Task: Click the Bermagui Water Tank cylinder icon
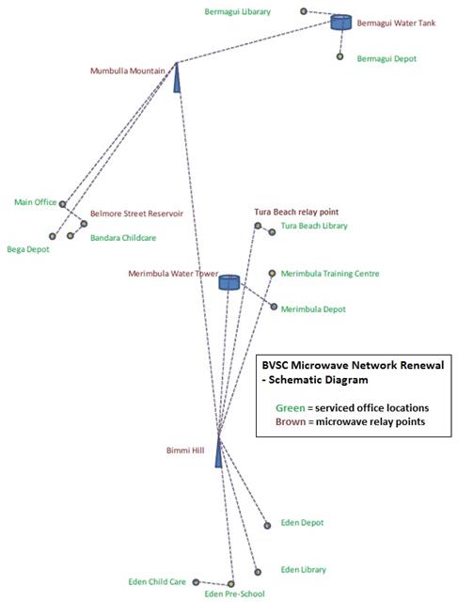coord(341,23)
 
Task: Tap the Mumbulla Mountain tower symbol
coord(177,78)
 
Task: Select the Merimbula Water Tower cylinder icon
coord(229,282)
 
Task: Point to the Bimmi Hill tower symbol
coord(219,451)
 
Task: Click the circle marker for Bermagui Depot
coord(339,56)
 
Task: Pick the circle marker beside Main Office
coord(62,204)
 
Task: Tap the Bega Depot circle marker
coord(53,236)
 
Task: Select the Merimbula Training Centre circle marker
coord(272,274)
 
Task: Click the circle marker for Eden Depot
coord(267,526)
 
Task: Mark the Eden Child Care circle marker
coord(196,582)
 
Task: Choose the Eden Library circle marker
coord(258,572)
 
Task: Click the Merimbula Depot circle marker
coord(274,307)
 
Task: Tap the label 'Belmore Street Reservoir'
coord(136,214)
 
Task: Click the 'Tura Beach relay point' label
coord(296,212)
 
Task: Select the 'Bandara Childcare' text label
coord(123,238)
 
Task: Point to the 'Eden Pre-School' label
coord(234,594)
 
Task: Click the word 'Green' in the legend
coord(291,407)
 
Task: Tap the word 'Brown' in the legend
coord(291,421)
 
